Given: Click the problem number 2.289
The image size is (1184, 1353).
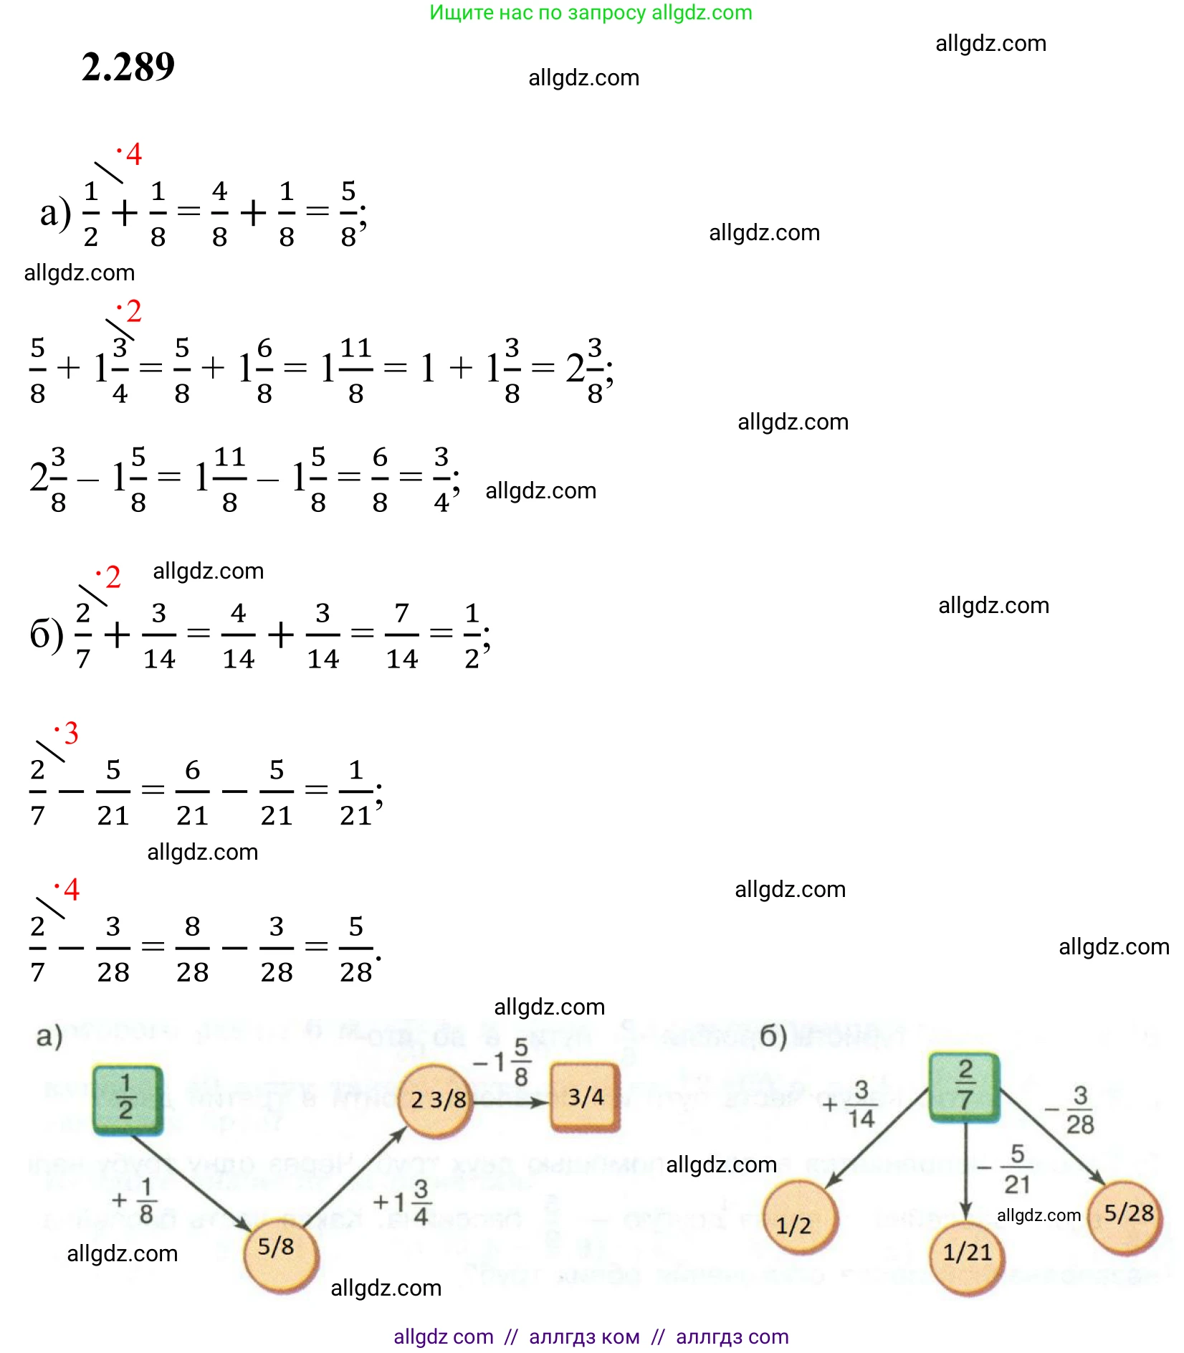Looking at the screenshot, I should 128,67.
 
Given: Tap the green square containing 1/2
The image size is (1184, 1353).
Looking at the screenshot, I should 127,1098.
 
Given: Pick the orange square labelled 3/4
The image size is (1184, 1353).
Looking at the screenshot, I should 585,1097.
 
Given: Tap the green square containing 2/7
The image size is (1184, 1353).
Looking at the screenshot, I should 964,1086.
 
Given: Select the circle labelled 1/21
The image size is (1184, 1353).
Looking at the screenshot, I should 967,1258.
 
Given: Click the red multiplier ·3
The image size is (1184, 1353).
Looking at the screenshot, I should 68,733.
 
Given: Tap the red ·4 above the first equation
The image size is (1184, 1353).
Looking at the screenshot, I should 130,154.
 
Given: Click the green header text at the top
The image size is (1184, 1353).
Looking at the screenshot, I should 591,12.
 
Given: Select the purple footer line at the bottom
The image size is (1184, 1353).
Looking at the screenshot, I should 591,1337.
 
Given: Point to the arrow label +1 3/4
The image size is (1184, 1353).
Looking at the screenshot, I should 402,1202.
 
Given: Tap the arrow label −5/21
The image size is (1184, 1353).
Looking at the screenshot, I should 1007,1169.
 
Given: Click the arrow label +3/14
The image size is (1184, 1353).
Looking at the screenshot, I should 851,1104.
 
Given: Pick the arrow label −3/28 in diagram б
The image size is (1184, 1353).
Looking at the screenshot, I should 1071,1109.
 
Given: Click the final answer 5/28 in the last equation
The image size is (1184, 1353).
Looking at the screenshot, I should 355,949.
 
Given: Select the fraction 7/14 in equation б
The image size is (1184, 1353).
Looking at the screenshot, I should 401,635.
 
